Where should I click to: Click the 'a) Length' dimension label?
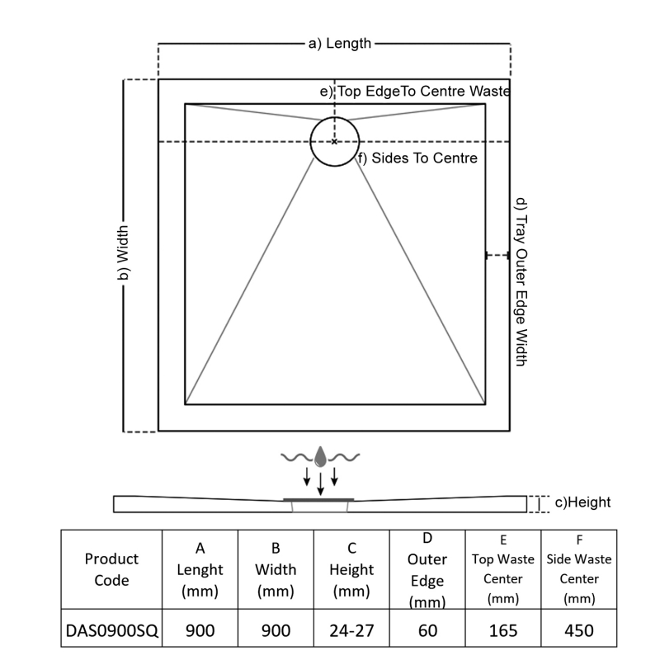[339, 44]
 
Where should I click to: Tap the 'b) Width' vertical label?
[121, 255]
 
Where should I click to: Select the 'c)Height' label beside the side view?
[582, 502]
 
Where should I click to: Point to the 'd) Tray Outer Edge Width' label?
[521, 281]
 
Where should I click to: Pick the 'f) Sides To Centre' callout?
[417, 158]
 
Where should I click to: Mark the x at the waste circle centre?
[334, 142]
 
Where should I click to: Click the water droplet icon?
[320, 455]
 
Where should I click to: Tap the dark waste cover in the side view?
[319, 498]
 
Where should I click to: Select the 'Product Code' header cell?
[111, 569]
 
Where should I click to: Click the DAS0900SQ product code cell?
[111, 631]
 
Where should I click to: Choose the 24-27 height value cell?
[351, 631]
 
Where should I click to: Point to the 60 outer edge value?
[427, 631]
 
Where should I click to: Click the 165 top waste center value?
[503, 631]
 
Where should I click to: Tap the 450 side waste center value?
[579, 631]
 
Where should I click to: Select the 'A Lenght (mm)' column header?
[200, 569]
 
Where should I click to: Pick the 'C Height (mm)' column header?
[351, 569]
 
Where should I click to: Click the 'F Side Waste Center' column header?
[579, 569]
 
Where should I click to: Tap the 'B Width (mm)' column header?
[276, 569]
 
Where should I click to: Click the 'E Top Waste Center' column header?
[503, 569]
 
